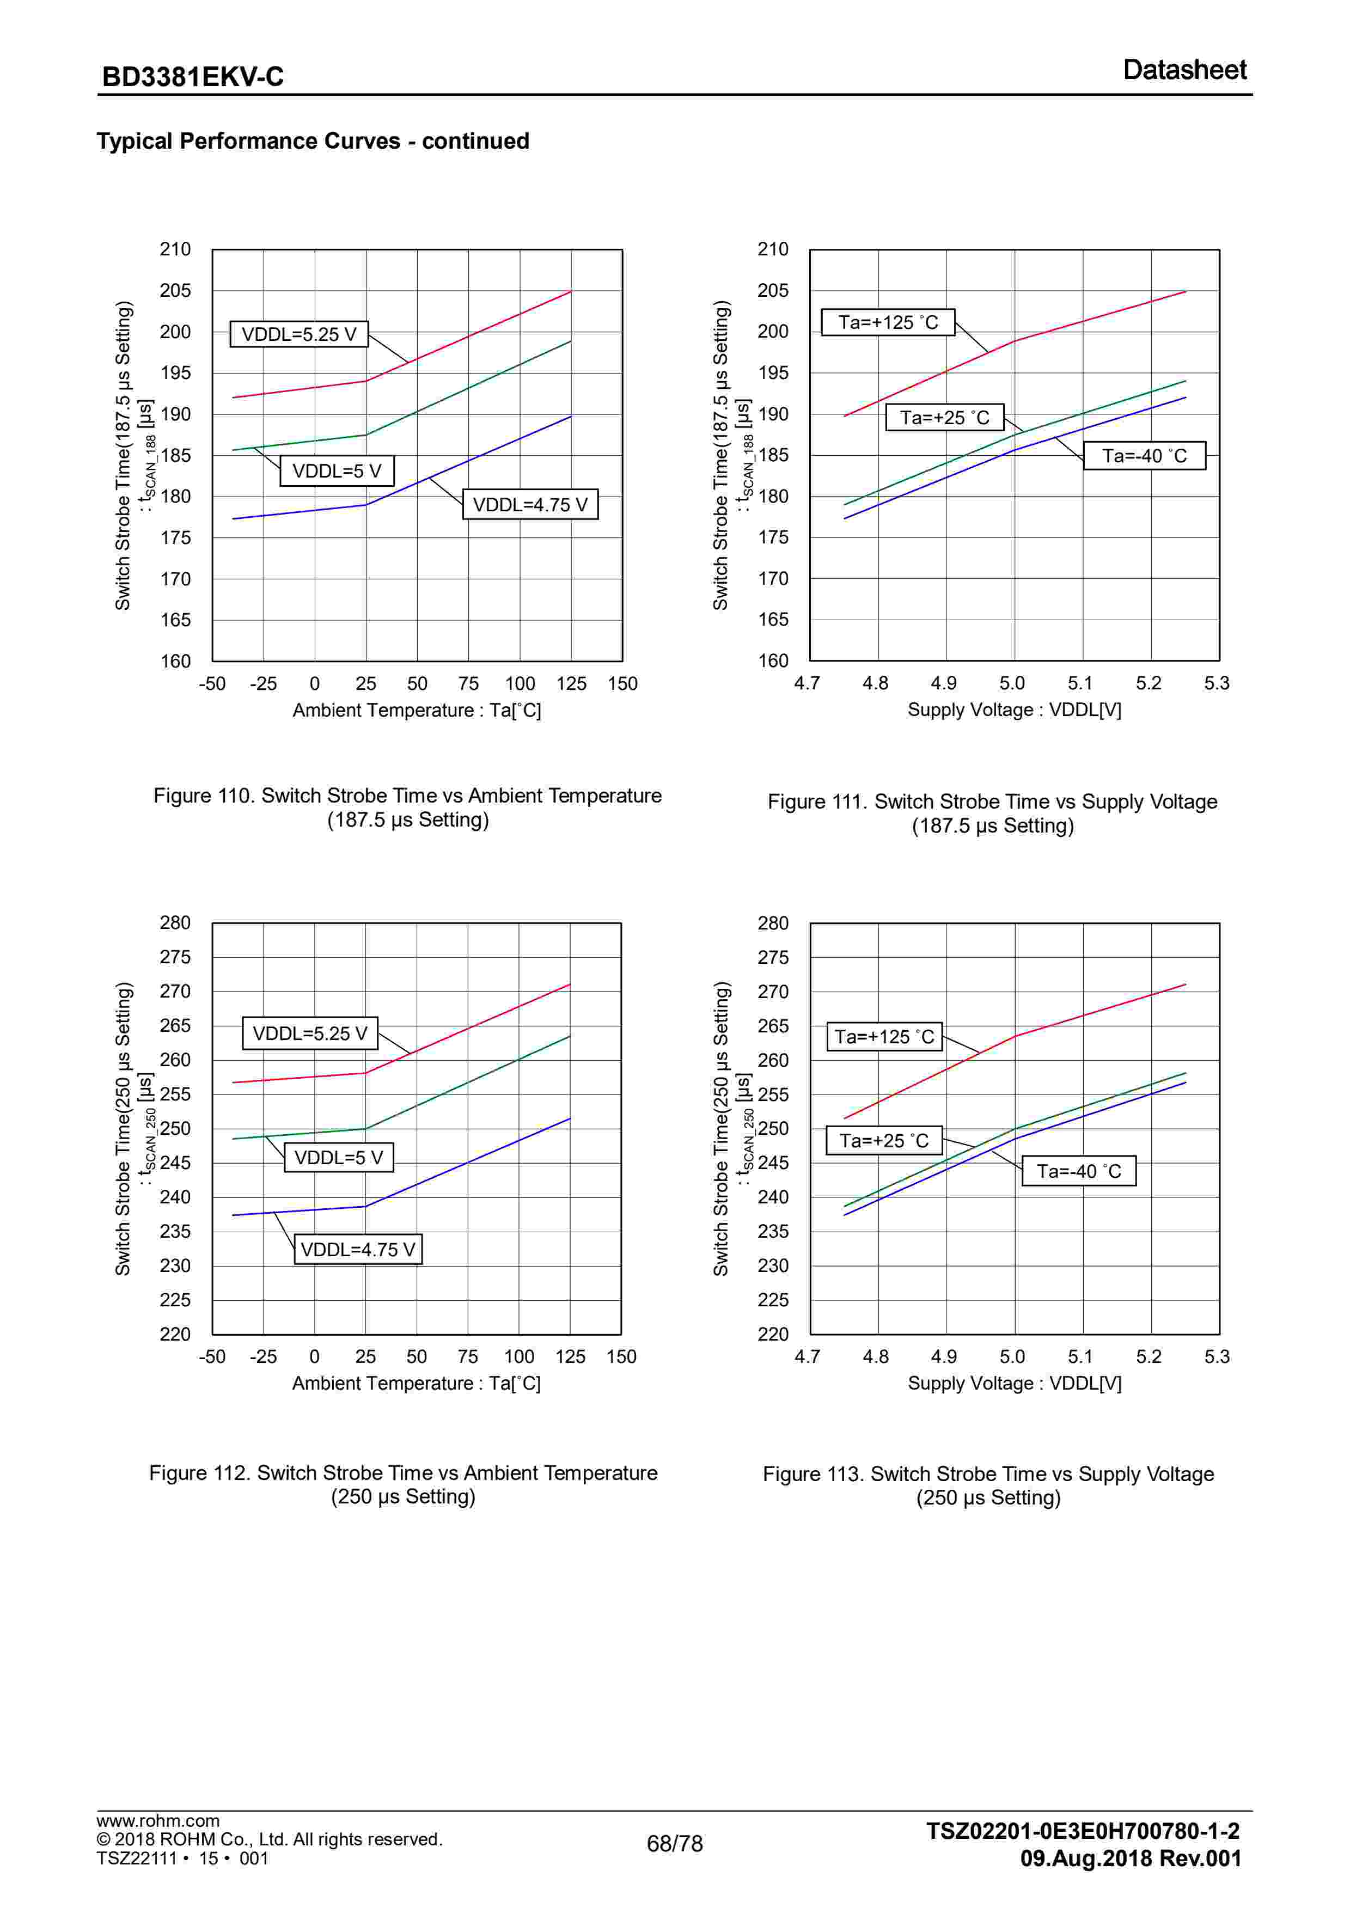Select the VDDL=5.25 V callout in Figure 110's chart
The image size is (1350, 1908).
pos(298,334)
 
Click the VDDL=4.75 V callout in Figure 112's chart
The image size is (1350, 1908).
pos(357,1249)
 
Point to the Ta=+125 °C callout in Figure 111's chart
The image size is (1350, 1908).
pos(888,322)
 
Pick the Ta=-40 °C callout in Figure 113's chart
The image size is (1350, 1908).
pos(1078,1171)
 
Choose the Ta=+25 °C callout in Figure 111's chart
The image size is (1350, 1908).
pos(944,417)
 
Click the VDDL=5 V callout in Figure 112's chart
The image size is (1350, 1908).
pos(338,1157)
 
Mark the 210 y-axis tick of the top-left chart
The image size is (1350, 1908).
pos(175,249)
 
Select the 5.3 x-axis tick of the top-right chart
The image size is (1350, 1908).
pos(1216,683)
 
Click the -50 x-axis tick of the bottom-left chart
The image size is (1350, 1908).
pos(212,1356)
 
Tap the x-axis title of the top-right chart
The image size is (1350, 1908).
pos(1014,710)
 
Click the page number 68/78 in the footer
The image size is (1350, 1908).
pos(674,1843)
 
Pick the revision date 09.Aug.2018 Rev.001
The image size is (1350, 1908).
pos(1131,1858)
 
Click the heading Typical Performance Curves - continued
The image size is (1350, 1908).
pos(313,141)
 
